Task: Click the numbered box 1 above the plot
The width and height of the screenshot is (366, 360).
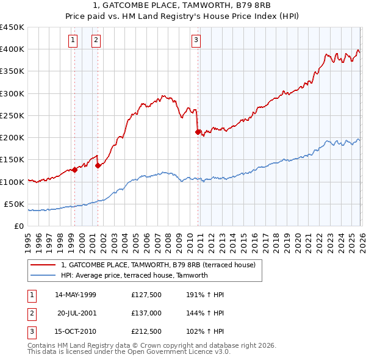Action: (x=73, y=41)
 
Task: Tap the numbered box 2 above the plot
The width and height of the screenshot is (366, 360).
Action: (x=96, y=41)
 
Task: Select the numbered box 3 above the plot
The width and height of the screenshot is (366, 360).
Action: (x=196, y=41)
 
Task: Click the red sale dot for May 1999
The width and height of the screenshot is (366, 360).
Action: (x=74, y=170)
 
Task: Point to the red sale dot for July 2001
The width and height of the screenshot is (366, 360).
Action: (x=98, y=165)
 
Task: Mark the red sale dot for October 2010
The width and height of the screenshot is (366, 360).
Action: (x=198, y=132)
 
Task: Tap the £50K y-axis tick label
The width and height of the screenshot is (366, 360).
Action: (x=15, y=204)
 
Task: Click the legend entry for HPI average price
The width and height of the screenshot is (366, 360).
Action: (x=134, y=275)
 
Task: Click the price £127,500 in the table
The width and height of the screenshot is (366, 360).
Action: (x=146, y=294)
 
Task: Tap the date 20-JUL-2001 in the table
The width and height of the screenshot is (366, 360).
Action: (x=76, y=313)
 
